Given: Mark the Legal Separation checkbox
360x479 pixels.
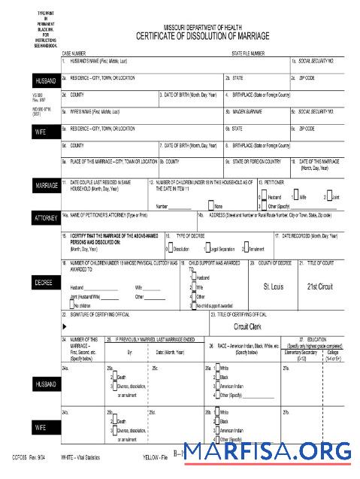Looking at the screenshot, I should click(204, 249).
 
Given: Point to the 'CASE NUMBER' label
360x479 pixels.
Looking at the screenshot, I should click(76, 54).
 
